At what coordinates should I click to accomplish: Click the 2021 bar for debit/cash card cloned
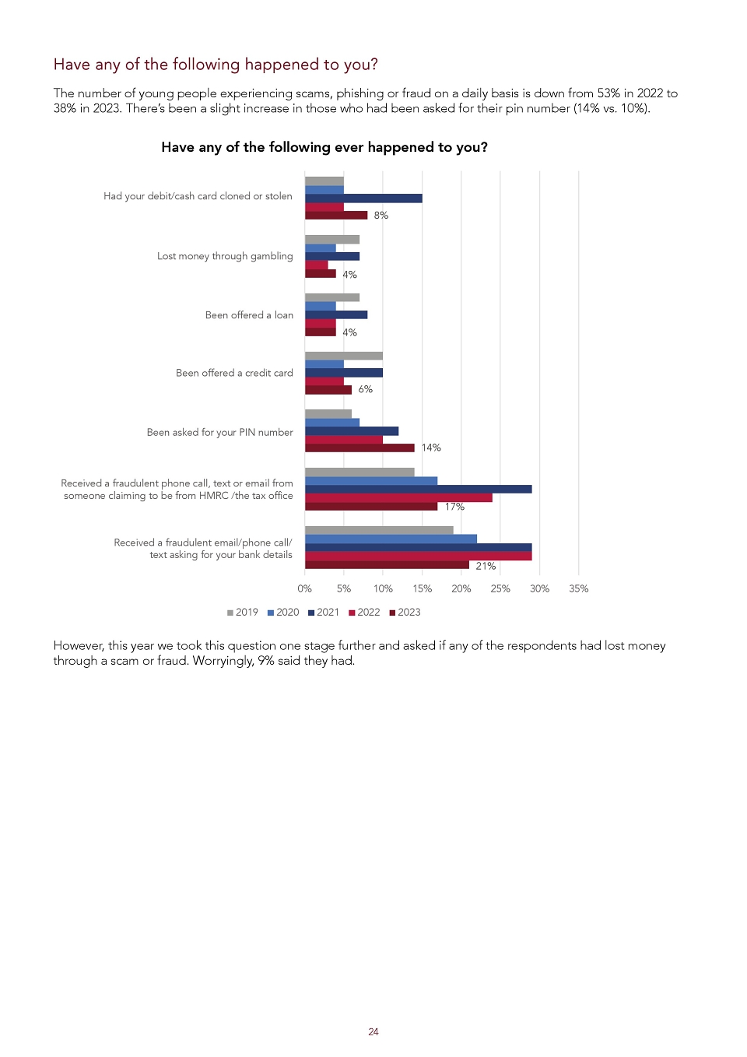363,198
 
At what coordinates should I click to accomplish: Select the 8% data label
381,215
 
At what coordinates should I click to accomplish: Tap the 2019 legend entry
243,612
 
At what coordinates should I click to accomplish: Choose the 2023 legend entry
405,612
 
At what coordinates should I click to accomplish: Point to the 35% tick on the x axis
579,588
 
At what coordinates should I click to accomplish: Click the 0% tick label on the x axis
305,588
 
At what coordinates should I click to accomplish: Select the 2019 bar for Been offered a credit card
344,356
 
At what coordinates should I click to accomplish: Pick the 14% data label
431,448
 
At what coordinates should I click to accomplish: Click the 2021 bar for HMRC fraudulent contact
419,489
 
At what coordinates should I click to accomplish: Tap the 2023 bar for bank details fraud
388,565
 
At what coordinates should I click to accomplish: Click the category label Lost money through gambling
225,256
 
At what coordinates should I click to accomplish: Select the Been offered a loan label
249,314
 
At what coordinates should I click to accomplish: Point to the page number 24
373,1032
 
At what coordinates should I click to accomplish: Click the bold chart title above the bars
324,147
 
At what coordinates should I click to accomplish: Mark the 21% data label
486,566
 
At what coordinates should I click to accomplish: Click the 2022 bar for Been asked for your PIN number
344,440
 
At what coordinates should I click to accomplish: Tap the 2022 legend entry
364,612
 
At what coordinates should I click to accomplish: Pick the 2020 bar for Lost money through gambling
321,248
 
